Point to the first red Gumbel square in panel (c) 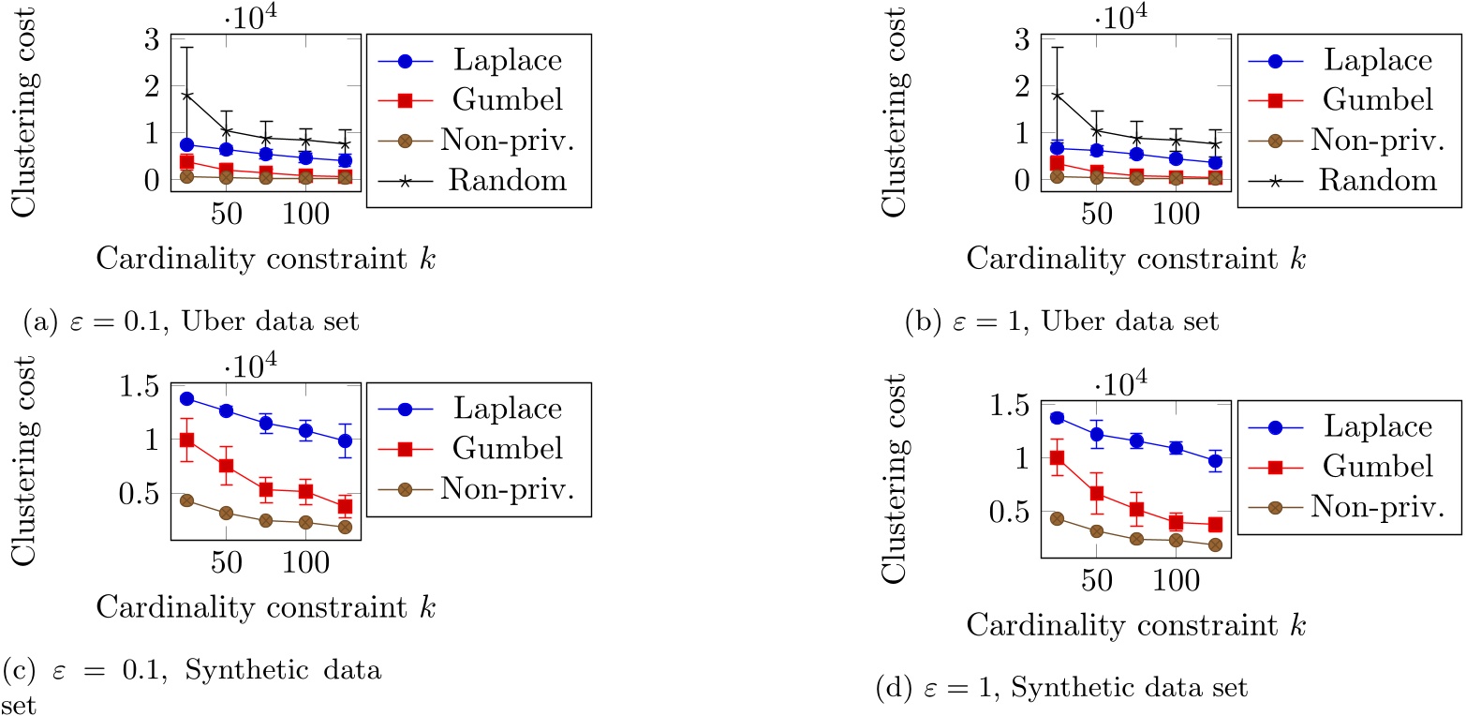186,440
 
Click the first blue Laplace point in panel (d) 1057,418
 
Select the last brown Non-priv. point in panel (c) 345,527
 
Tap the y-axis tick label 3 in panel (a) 150,38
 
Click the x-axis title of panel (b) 1136,258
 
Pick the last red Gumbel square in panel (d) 1215,526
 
